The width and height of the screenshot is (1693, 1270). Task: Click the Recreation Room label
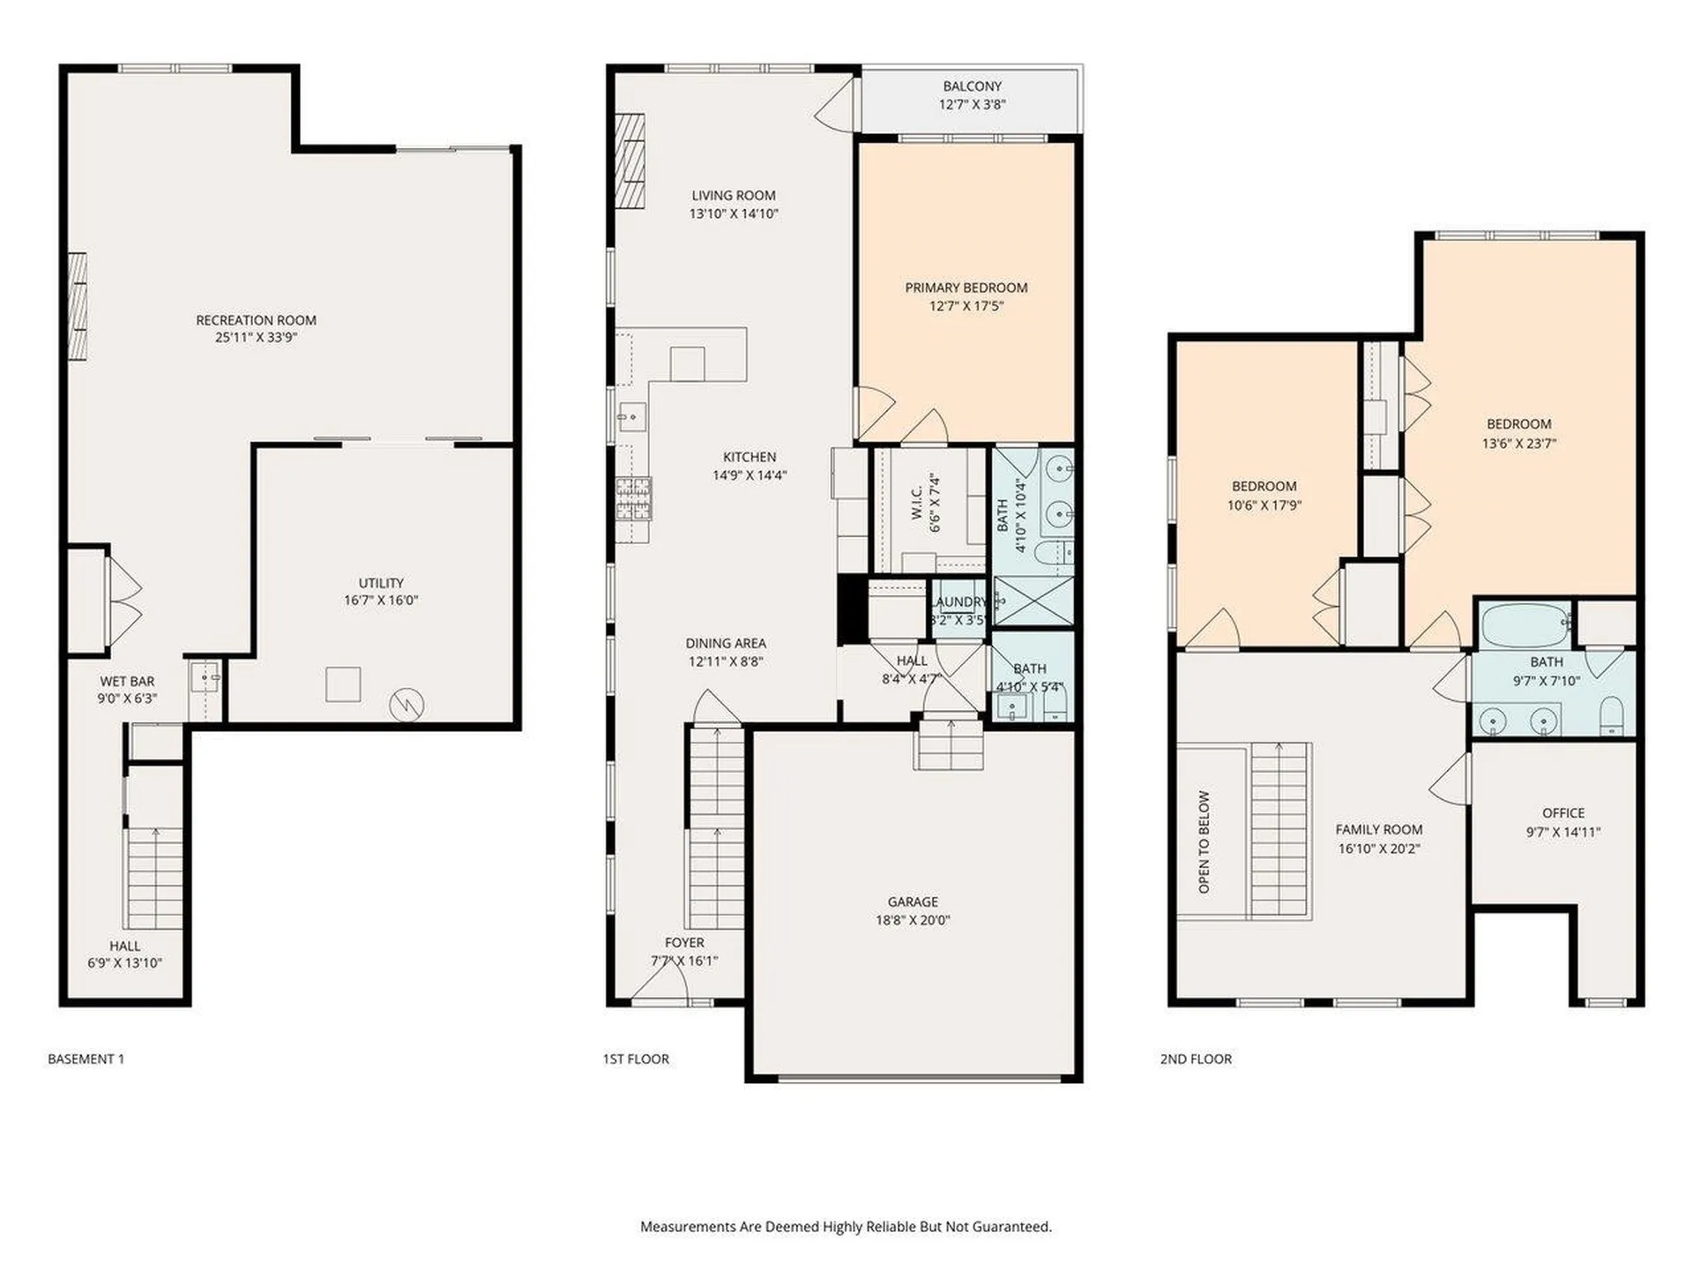coord(256,320)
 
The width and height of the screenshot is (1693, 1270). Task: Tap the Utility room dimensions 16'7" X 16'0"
coord(381,601)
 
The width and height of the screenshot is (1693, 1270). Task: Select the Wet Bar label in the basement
coord(127,681)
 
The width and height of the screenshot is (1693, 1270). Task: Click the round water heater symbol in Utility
coord(406,704)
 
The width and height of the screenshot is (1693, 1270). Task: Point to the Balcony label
coord(973,86)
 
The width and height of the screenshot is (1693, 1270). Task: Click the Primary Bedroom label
coord(966,288)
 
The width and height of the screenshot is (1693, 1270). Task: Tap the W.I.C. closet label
coord(916,503)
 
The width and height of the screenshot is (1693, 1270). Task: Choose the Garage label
coord(913,901)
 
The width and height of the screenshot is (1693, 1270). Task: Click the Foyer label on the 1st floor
coord(684,943)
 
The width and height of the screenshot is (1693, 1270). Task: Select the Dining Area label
coord(726,643)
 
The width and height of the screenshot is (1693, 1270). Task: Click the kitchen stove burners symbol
coord(634,498)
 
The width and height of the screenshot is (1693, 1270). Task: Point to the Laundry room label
coord(959,601)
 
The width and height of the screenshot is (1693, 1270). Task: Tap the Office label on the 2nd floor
coord(1563,813)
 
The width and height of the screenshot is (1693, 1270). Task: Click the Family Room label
coord(1379,829)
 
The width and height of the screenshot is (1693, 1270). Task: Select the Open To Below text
coord(1204,842)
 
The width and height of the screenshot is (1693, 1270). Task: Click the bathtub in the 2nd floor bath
coord(1525,625)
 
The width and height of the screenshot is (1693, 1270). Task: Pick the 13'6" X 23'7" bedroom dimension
coord(1518,444)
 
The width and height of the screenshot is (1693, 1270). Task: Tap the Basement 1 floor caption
coord(86,1058)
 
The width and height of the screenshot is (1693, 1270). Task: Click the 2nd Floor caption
coord(1196,1058)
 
